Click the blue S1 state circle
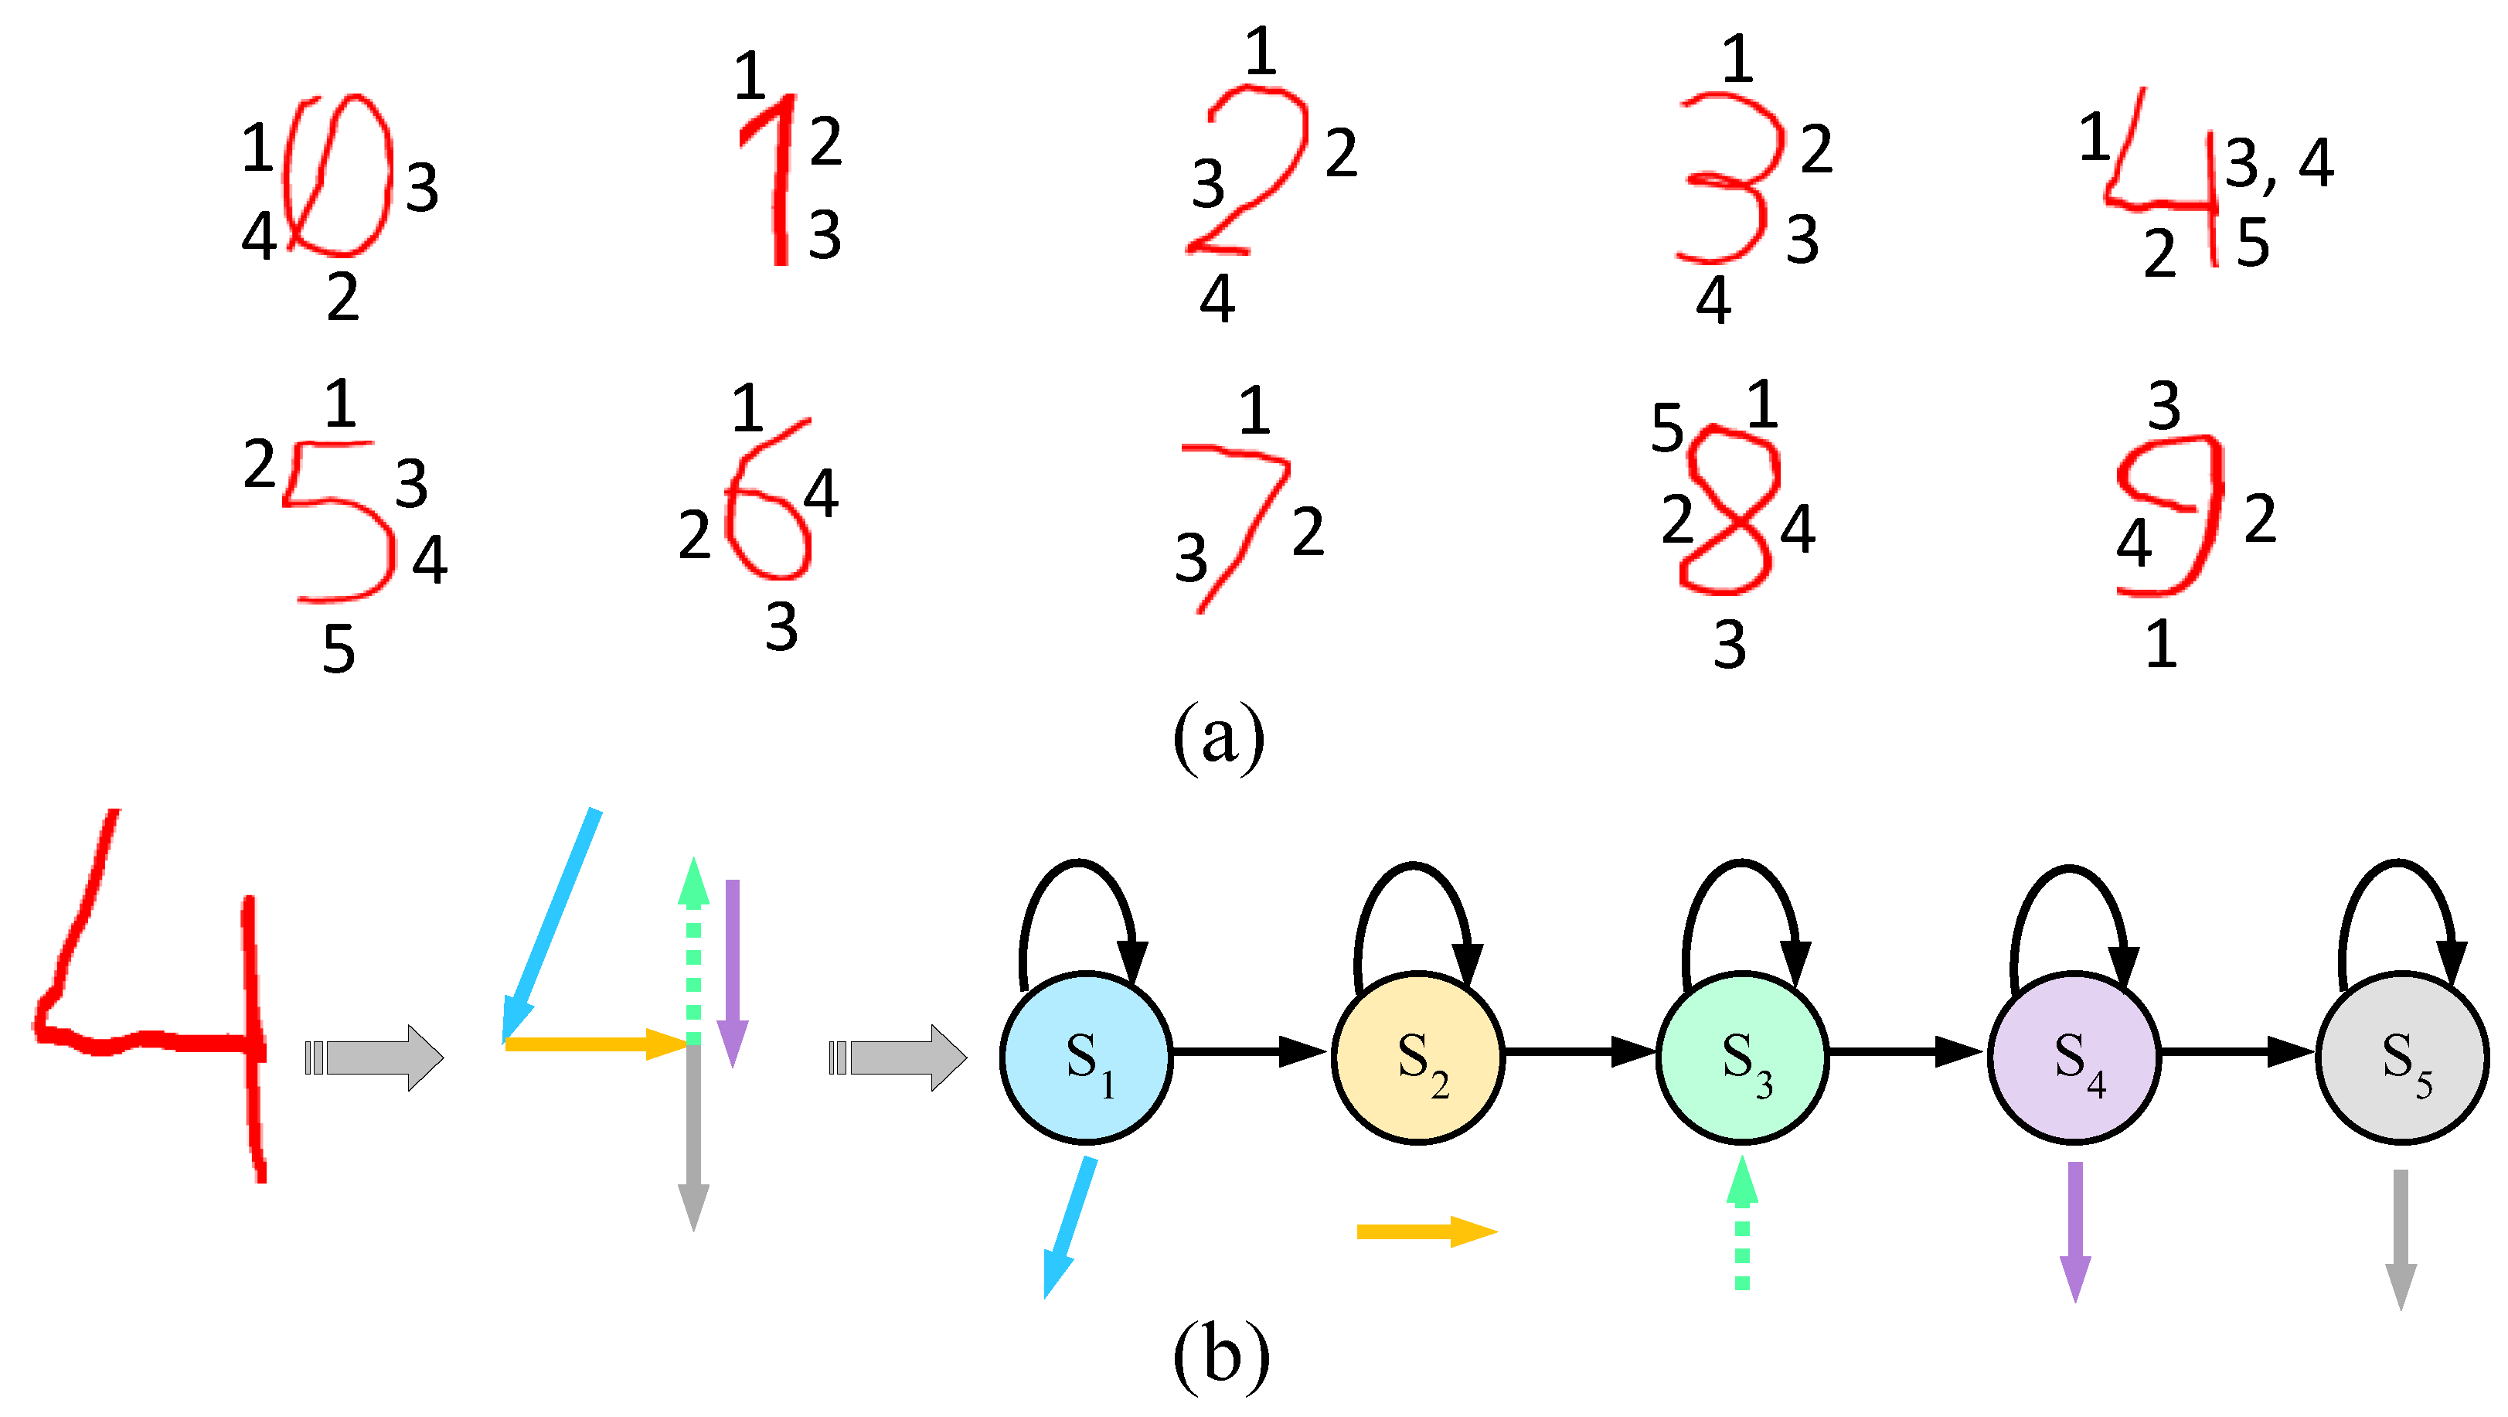tap(1087, 1058)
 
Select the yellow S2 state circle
tap(1417, 1058)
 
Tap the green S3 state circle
tap(1743, 1058)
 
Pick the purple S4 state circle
tap(2074, 1058)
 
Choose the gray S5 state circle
tap(2402, 1058)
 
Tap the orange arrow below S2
tap(1425, 1232)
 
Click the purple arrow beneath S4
tap(2074, 1232)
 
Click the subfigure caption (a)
tap(1218, 737)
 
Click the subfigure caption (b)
tap(1221, 1356)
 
